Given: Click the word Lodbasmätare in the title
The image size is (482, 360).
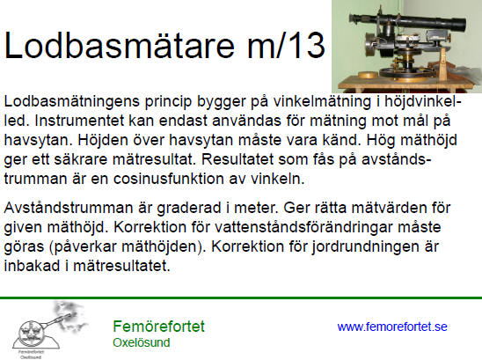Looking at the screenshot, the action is pos(120,45).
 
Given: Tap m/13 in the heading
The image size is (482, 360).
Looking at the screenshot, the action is pos(286,45).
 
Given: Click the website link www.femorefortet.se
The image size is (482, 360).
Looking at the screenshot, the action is pos(392,327).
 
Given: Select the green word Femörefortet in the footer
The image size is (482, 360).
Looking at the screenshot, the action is pos(158,327).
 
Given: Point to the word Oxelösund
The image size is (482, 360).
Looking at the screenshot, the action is pos(142,342).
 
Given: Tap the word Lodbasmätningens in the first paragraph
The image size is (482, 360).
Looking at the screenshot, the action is pos(71,102).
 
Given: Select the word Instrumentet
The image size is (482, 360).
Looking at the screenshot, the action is pos(79,121).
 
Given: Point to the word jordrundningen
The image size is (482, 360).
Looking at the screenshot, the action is pos(364,247).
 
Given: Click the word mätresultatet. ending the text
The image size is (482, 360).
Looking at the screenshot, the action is pos(121,266).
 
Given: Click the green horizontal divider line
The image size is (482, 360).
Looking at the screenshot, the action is pos(241,298).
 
